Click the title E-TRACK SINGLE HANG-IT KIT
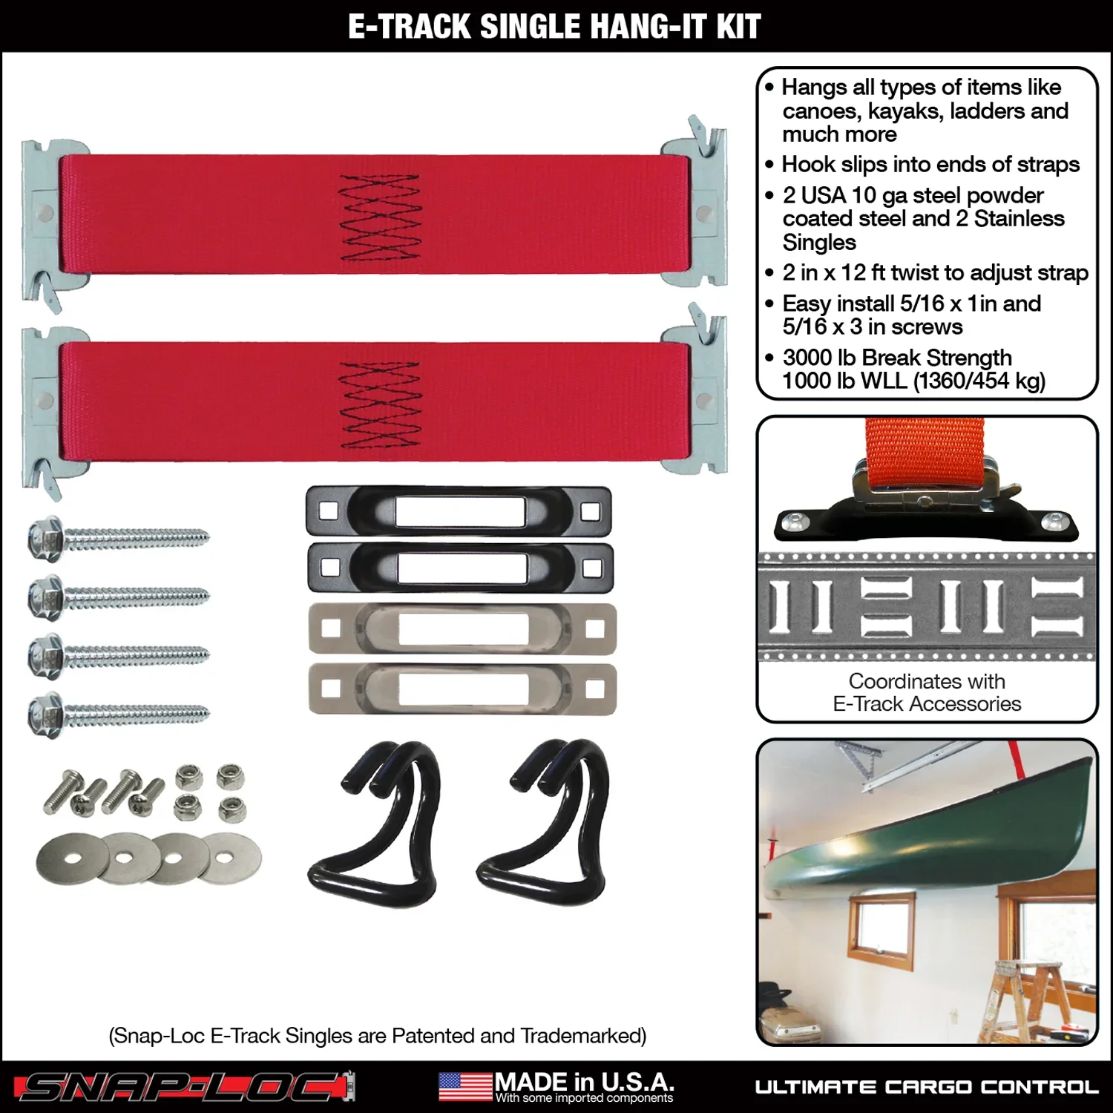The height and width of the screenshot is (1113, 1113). (554, 27)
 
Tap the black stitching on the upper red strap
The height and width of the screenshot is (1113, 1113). (379, 218)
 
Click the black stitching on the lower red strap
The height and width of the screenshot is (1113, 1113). (379, 405)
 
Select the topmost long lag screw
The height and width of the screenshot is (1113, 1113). (119, 538)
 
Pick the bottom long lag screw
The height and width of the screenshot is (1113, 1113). (119, 715)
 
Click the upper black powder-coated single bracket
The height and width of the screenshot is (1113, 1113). (459, 511)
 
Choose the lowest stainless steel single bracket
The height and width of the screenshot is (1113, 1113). (462, 689)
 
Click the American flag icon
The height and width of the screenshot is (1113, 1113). (464, 1087)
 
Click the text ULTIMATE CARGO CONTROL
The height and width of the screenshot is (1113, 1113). (927, 1088)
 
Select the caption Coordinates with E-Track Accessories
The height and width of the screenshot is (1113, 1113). (927, 692)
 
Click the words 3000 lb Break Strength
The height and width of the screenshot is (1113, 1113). (897, 358)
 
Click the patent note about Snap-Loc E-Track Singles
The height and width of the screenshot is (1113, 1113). (377, 1036)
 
